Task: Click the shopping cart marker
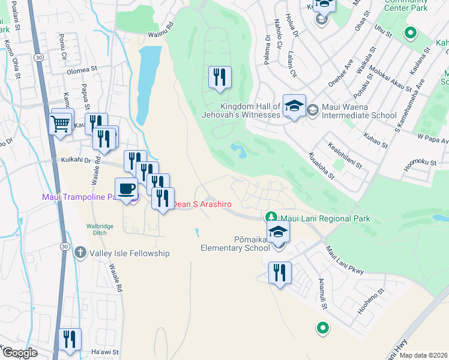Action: pyautogui.click(x=60, y=124)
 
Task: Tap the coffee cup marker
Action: pyautogui.click(x=126, y=188)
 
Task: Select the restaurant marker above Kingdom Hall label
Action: pyautogui.click(x=219, y=77)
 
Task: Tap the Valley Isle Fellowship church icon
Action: pyautogui.click(x=80, y=253)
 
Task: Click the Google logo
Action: pyautogui.click(x=20, y=352)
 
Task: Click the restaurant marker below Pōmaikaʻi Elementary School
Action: pyautogui.click(x=279, y=273)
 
